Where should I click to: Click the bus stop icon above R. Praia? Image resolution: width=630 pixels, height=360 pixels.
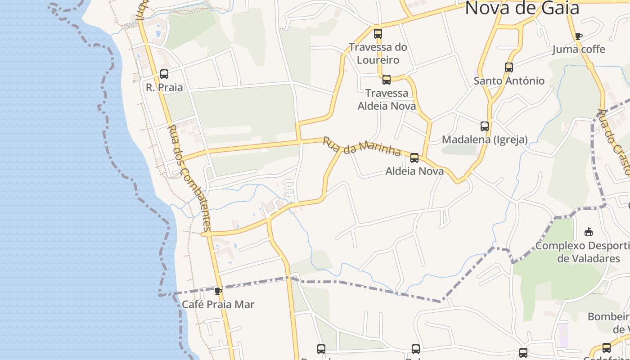click(x=164, y=74)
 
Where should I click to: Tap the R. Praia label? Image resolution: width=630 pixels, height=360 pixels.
click(x=164, y=87)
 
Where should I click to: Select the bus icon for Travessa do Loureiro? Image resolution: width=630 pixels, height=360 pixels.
click(x=378, y=34)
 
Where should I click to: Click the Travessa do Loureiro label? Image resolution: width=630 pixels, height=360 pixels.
click(x=378, y=54)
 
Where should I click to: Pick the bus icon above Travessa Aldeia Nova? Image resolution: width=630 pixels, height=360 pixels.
click(x=387, y=80)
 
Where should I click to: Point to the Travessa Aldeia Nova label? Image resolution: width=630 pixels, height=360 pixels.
click(x=387, y=99)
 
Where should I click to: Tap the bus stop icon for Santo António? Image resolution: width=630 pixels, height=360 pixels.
click(x=509, y=67)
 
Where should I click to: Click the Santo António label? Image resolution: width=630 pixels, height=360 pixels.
click(x=509, y=81)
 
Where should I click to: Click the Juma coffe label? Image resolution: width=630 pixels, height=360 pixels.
click(x=579, y=49)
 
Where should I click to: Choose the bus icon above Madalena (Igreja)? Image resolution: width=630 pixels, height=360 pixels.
click(x=485, y=126)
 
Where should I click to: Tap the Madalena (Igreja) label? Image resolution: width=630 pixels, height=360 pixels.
click(x=485, y=139)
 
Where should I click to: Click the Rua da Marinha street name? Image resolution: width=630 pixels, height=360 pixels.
click(x=362, y=147)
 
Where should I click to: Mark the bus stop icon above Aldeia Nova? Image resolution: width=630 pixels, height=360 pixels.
click(x=414, y=158)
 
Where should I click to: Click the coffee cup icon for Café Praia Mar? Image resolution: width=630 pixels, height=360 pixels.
click(x=218, y=291)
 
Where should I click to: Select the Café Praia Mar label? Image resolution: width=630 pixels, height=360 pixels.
click(x=218, y=305)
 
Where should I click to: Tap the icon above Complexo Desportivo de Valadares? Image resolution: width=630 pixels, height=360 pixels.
click(x=588, y=232)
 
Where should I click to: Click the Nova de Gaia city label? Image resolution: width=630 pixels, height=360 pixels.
click(x=522, y=8)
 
